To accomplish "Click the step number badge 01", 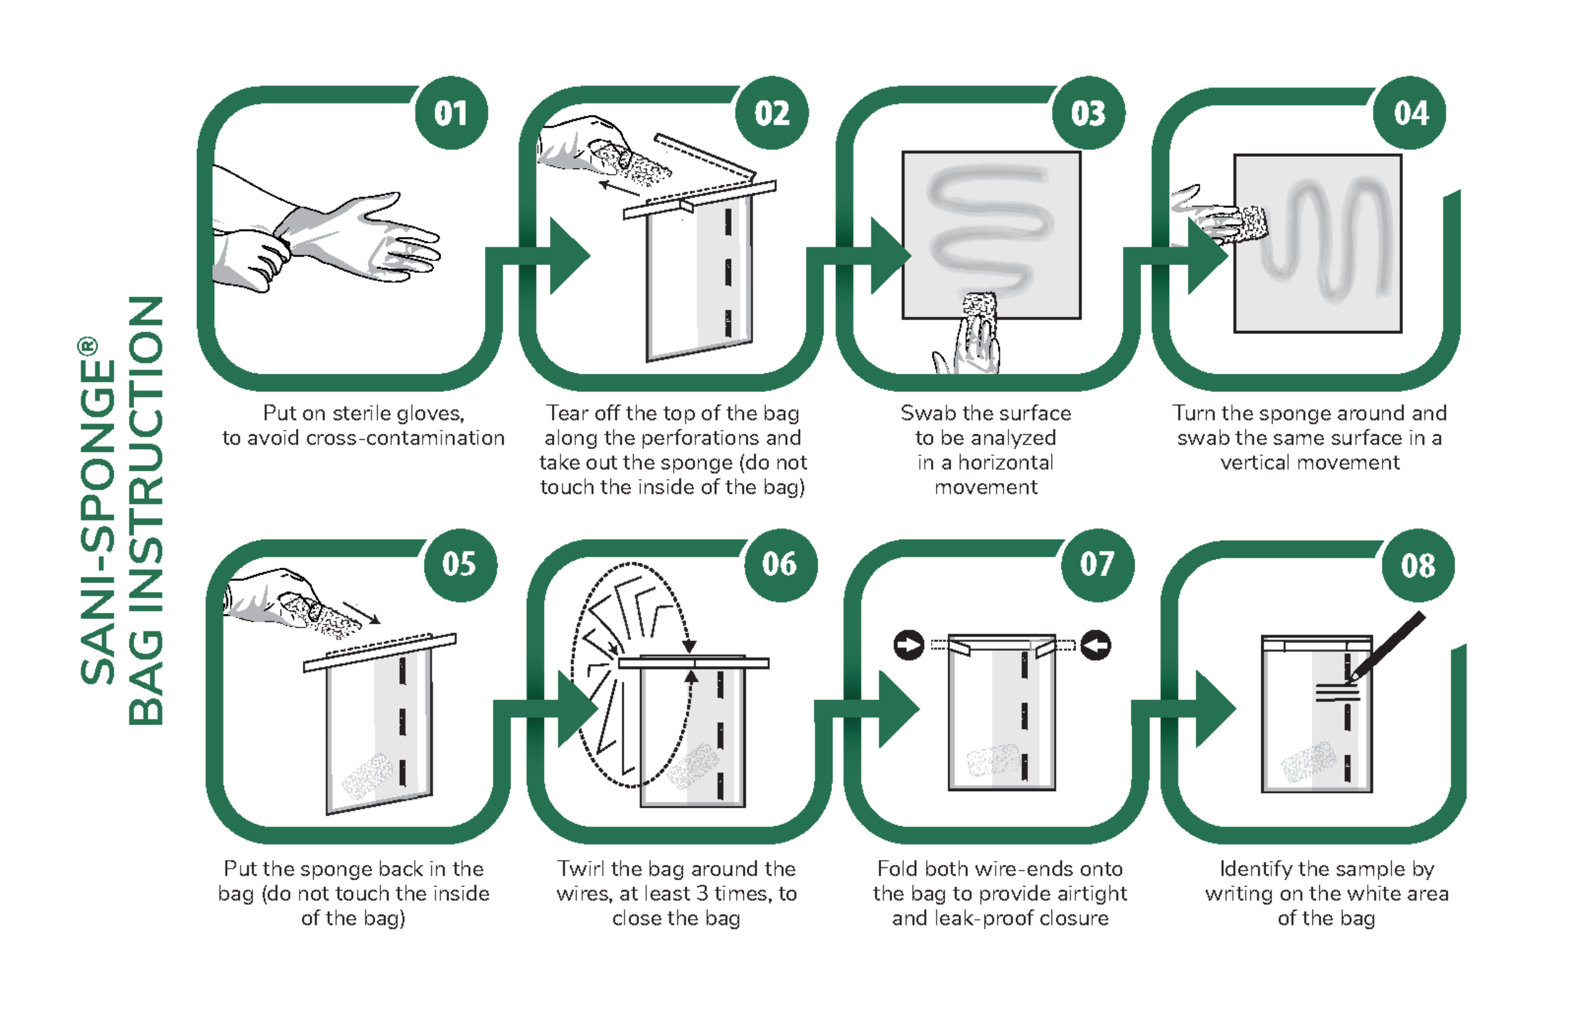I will (451, 113).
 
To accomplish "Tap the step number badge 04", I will (1410, 113).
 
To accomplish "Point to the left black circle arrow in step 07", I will (908, 645).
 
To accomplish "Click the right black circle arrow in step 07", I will (1096, 645).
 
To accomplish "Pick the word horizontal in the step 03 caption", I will (1005, 463).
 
